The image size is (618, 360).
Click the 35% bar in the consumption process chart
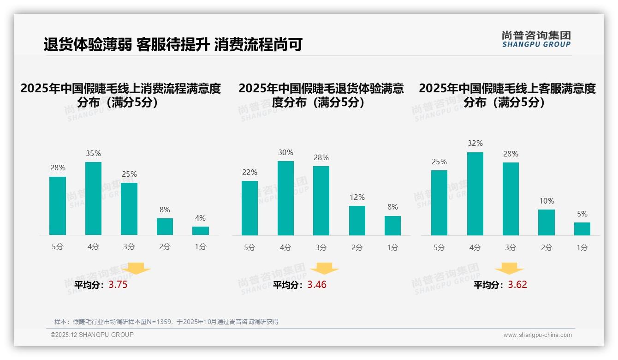click(93, 198)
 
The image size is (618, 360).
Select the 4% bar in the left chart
click(201, 231)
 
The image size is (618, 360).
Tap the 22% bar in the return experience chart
click(250, 208)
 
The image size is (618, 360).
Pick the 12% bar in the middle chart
click(357, 221)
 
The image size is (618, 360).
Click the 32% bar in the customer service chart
click(475, 194)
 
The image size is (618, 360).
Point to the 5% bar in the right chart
click(582, 229)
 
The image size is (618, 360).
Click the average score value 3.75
click(118, 285)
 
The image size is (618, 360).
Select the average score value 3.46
click(317, 285)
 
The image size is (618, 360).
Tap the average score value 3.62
click(517, 285)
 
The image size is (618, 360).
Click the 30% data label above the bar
click(285, 153)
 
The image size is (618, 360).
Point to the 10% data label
click(547, 201)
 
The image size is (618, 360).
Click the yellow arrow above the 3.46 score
click(324, 269)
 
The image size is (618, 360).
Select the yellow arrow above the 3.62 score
click(509, 269)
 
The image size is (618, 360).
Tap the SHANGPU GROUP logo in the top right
click(536, 39)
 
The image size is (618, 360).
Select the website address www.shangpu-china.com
click(537, 335)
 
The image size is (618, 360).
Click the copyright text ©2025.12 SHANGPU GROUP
click(92, 335)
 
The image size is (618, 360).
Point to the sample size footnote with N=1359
click(166, 322)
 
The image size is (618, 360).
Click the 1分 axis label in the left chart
click(201, 247)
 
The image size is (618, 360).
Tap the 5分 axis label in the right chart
click(439, 248)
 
